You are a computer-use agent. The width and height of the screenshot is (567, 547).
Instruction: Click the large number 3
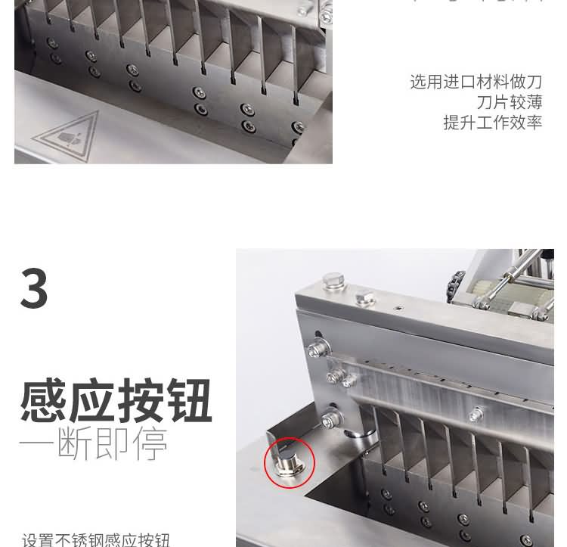[x=34, y=288]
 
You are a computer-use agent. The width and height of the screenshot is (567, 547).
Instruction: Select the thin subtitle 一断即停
[x=92, y=445]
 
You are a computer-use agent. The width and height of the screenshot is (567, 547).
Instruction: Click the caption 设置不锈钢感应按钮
[x=96, y=539]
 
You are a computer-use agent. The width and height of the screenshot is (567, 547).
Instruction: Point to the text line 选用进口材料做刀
[x=476, y=82]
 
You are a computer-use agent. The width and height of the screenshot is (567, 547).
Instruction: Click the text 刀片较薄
[x=509, y=102]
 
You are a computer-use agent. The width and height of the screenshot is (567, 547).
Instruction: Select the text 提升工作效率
[x=492, y=123]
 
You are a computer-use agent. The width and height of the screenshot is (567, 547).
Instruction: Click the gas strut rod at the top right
[x=514, y=272]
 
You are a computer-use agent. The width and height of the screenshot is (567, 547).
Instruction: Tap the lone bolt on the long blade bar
[x=476, y=413]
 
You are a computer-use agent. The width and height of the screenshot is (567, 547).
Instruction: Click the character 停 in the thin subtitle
[x=149, y=445]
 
